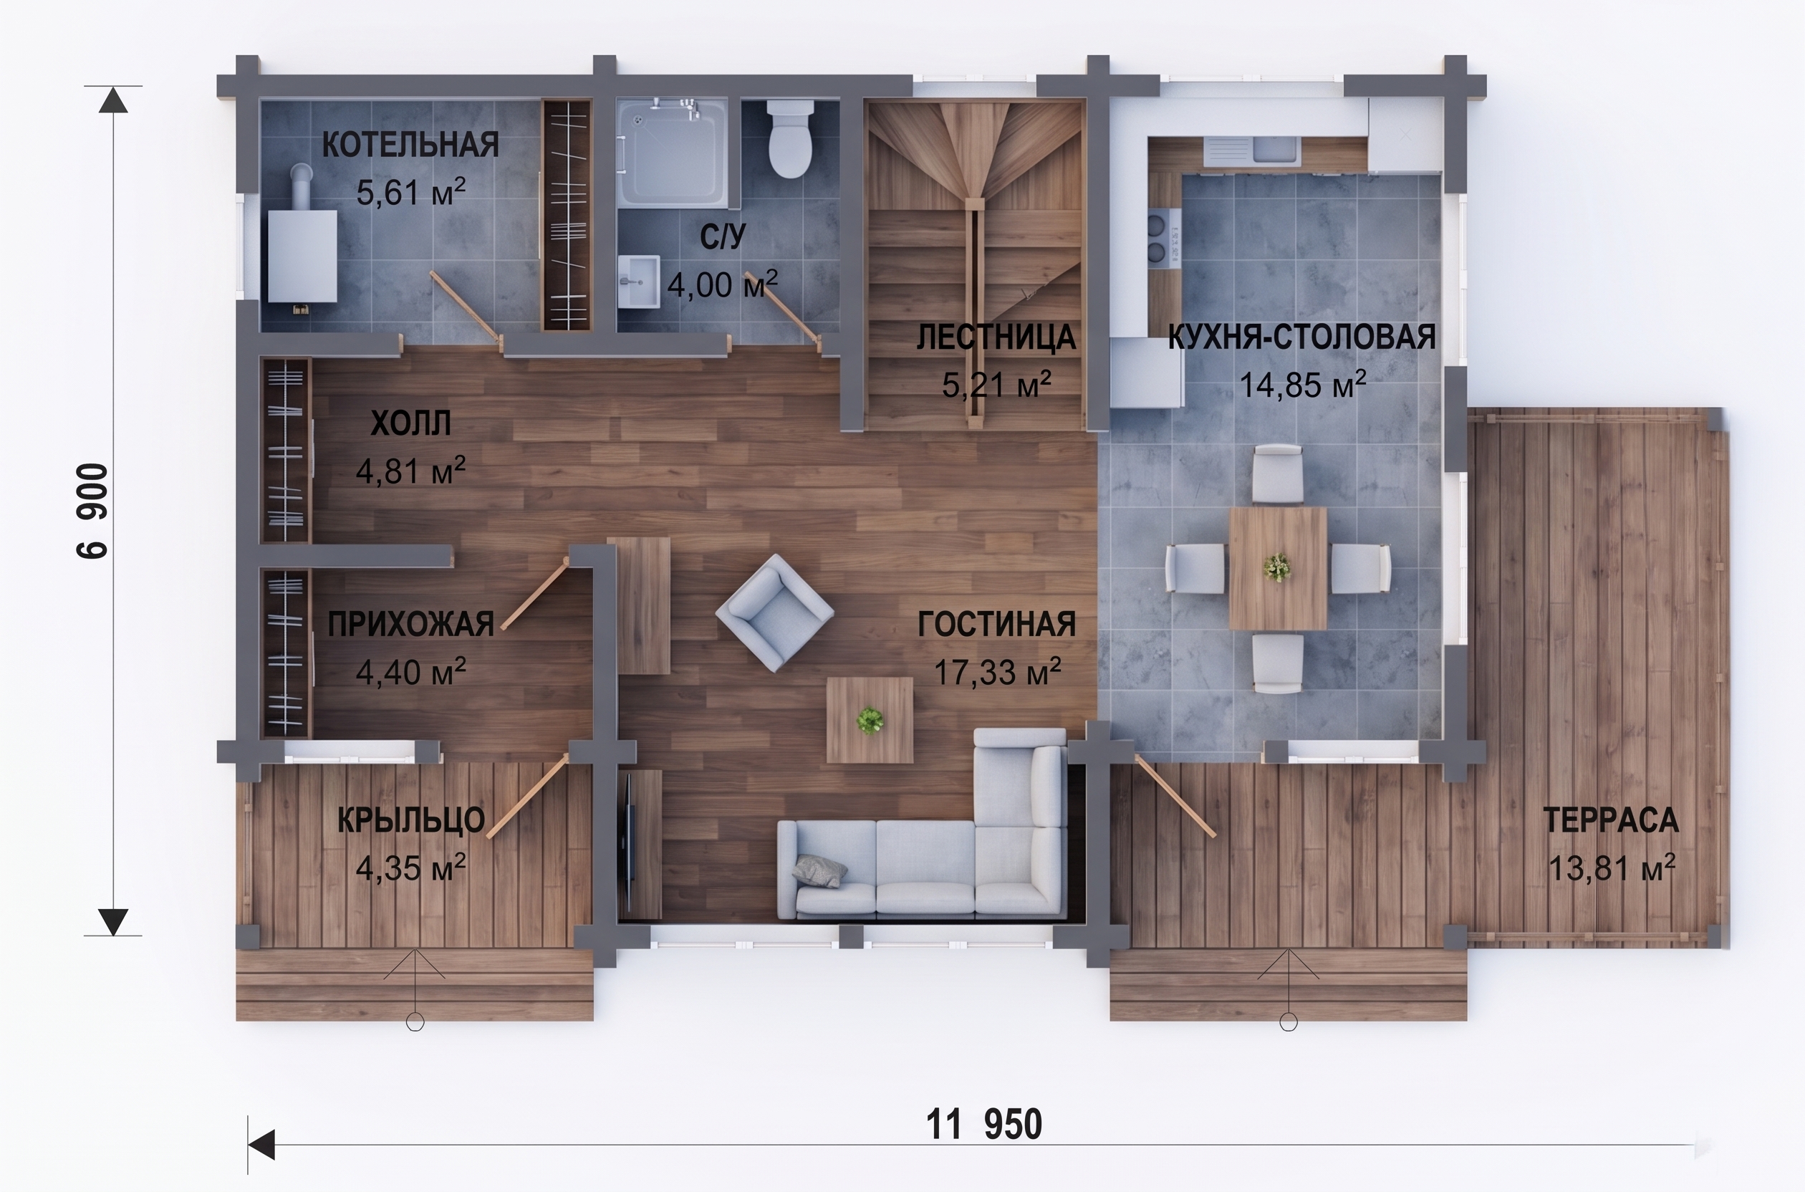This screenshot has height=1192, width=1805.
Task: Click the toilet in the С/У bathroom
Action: pos(790,139)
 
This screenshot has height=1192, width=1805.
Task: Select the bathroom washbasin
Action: pos(638,282)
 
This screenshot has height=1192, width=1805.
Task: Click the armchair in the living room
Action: pos(774,612)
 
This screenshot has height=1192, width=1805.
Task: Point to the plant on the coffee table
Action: pos(870,719)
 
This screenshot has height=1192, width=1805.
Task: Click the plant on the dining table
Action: pos(1277,567)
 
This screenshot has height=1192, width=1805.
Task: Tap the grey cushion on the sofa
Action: pos(821,870)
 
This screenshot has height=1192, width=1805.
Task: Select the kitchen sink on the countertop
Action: pos(1277,149)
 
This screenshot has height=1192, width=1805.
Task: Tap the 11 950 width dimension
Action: pos(984,1125)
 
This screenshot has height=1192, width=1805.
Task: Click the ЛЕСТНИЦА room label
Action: pos(996,337)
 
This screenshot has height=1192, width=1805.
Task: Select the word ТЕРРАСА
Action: pos(1610,820)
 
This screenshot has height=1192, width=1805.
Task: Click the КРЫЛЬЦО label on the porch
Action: pos(411,820)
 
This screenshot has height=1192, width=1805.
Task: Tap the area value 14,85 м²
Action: pos(1303,385)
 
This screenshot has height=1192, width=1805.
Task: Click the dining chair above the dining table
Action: pos(1278,474)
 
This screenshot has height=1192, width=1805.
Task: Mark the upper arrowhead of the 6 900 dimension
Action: pos(113,100)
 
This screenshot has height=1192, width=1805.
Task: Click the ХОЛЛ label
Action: pos(411,423)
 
